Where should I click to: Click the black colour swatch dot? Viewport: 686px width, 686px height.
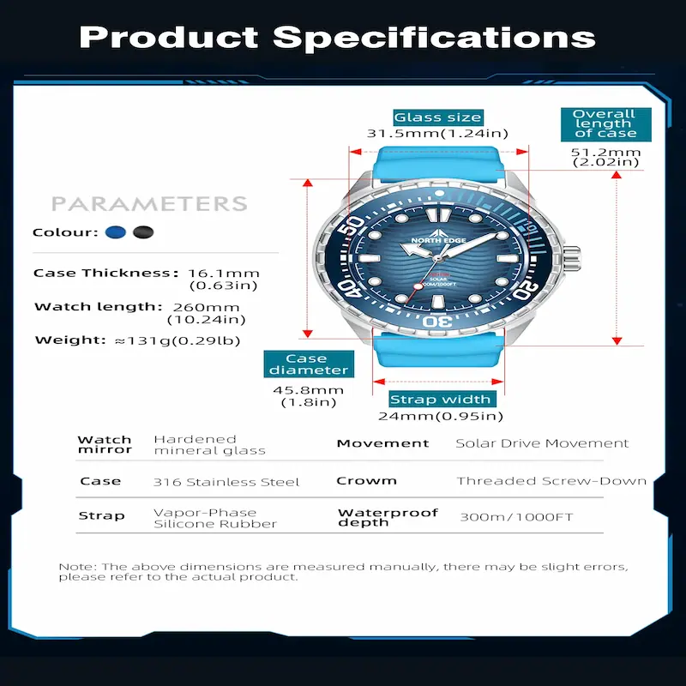[143, 232]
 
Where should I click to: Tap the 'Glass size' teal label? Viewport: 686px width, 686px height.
[437, 117]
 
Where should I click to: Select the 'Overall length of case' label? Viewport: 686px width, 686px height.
[604, 123]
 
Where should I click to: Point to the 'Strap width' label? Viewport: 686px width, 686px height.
[440, 400]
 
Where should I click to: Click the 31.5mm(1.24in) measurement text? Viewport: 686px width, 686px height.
[437, 134]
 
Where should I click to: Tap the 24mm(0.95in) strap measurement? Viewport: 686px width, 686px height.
[440, 417]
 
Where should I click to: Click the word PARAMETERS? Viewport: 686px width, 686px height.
[149, 204]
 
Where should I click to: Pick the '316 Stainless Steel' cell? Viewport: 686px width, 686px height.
[226, 482]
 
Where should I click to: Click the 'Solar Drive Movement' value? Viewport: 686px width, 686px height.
[542, 443]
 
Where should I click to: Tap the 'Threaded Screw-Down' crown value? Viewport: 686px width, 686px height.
[551, 481]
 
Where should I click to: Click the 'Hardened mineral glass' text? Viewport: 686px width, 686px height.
[209, 444]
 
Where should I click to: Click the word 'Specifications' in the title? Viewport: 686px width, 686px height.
[434, 38]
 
